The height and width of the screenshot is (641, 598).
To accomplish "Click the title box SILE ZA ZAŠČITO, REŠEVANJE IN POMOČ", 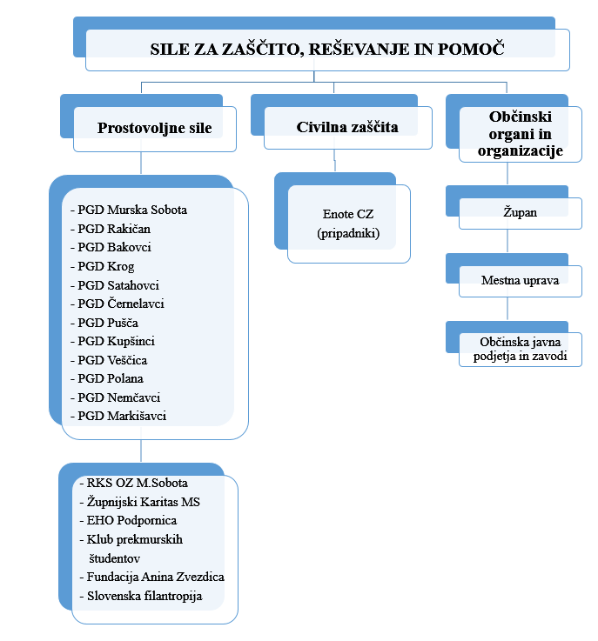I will tap(327, 50).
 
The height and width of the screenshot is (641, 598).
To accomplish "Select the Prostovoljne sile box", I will tap(155, 129).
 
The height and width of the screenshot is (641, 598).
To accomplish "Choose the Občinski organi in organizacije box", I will tap(521, 133).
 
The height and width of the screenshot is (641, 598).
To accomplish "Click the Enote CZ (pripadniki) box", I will tap(348, 224).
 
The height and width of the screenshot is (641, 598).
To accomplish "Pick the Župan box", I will tap(521, 212).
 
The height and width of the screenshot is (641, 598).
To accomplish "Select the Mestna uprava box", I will tap(521, 280).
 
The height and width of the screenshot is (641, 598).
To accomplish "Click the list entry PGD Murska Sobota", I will tap(131, 210).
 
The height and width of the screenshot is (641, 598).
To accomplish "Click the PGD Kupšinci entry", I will tap(117, 341).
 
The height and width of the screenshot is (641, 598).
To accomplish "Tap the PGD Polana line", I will tap(111, 378).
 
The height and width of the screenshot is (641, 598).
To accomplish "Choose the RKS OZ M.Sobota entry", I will tap(137, 483).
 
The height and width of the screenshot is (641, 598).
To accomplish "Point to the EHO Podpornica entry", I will tap(132, 520).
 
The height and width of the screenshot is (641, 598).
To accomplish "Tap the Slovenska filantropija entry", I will tap(146, 596).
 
